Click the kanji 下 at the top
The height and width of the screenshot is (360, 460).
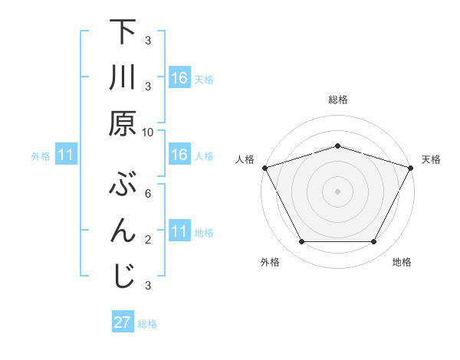point(123,32)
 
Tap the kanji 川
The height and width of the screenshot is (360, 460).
point(123,77)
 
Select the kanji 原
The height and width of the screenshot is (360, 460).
point(123,123)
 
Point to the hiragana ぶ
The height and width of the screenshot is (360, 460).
point(123,185)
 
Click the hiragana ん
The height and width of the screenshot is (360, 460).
point(123,230)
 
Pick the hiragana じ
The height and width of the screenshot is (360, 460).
point(123,276)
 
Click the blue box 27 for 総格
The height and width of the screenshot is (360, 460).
point(123,322)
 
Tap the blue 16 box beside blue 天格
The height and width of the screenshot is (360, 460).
point(179,78)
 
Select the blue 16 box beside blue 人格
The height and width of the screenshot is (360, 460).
point(179,155)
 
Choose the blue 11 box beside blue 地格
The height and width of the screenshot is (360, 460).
point(179,231)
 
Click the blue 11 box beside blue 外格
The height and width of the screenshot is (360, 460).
point(67,155)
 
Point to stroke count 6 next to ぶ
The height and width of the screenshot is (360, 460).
point(148,194)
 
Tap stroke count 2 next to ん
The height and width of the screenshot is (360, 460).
point(148,240)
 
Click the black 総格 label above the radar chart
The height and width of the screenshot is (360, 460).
point(337,100)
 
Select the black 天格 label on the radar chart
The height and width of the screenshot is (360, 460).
point(431,159)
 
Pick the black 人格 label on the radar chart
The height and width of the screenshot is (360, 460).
point(244,159)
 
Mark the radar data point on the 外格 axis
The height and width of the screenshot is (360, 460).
point(301,242)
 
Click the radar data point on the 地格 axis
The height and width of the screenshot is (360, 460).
point(373,242)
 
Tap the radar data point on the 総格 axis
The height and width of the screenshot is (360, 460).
point(337,146)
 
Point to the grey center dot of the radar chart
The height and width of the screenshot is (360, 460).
point(337,191)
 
